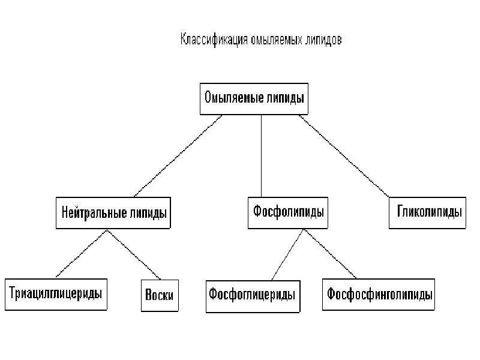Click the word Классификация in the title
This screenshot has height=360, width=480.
click(x=214, y=40)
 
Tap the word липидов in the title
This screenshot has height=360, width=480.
click(x=323, y=40)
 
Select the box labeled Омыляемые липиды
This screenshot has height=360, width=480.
click(x=254, y=99)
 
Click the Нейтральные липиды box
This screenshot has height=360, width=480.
click(x=113, y=213)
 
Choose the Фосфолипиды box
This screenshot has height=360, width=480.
click(x=288, y=213)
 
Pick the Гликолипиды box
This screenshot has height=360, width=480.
click(x=428, y=213)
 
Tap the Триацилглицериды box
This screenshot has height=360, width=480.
click(x=56, y=295)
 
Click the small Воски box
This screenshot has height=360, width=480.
click(x=160, y=295)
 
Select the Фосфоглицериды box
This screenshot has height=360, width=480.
click(x=253, y=296)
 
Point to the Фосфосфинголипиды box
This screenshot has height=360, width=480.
click(x=379, y=295)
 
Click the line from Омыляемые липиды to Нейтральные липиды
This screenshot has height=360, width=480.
click(x=178, y=156)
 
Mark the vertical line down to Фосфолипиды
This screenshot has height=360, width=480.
click(x=261, y=156)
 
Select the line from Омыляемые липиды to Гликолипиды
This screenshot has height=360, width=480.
click(x=344, y=156)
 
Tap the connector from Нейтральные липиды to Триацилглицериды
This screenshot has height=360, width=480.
click(x=82, y=253)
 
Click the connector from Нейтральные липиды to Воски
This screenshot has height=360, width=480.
click(x=134, y=254)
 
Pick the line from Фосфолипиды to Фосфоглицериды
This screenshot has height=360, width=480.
click(x=288, y=254)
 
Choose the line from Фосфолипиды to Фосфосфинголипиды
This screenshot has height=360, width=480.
click(x=330, y=254)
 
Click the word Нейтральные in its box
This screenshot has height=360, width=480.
click(x=94, y=212)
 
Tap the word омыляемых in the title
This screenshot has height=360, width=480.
click(x=276, y=40)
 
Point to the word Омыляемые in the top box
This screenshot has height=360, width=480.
click(x=234, y=98)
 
